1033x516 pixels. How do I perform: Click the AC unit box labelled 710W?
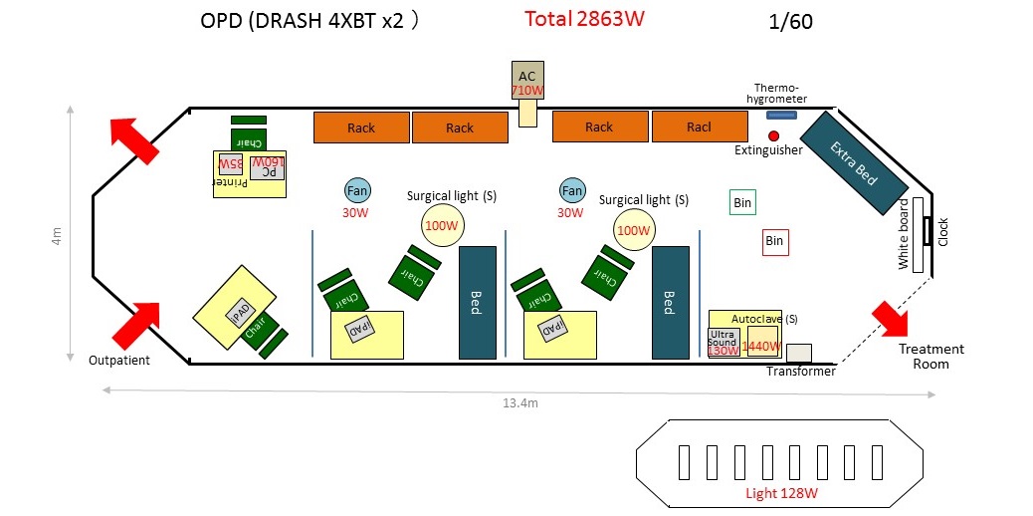[527, 81]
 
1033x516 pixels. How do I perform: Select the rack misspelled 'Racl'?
[699, 127]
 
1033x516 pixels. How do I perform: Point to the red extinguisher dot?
[773, 134]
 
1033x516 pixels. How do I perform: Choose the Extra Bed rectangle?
[854, 161]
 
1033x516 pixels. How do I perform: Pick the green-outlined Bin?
[742, 202]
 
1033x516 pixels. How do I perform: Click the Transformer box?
[798, 353]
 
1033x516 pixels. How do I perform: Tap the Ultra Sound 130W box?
[723, 342]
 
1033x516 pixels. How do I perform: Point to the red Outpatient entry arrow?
[135, 325]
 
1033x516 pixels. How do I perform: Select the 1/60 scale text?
[791, 22]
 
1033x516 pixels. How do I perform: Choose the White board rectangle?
[905, 234]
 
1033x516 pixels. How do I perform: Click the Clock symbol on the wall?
[928, 232]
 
